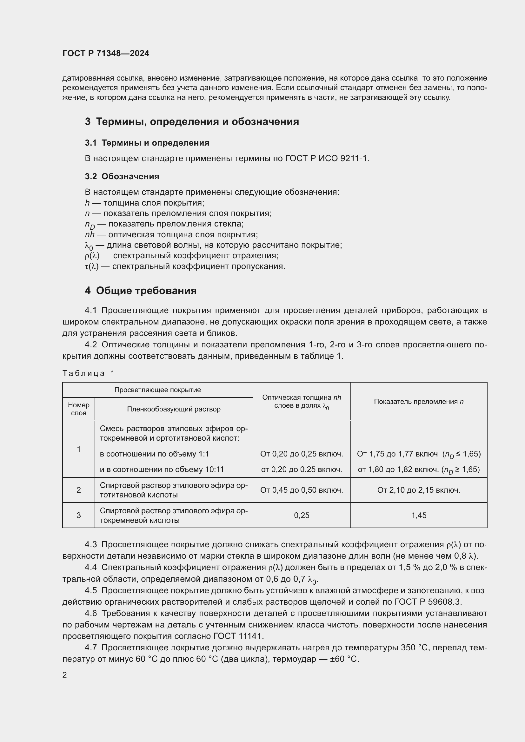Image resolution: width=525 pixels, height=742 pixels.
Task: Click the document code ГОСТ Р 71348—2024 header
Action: pos(106,53)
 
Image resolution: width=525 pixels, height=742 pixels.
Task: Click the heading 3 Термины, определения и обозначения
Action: pos(192,121)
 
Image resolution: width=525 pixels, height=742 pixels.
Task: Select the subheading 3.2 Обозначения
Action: pos(122,176)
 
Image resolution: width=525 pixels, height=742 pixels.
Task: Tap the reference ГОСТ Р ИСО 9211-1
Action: pos(327,158)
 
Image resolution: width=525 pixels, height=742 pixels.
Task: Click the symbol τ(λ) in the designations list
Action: pos(91,266)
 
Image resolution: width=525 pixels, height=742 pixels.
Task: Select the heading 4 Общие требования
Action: pos(141,291)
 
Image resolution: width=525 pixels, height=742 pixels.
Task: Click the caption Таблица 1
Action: pos(89,373)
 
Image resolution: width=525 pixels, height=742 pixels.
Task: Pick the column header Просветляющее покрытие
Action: pos(157,390)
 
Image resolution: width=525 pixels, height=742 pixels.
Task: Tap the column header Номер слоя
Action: pos(78,409)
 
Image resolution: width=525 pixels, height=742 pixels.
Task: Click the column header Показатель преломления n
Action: pos(419,401)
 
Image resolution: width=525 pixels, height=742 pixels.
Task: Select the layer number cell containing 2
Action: pos(78,490)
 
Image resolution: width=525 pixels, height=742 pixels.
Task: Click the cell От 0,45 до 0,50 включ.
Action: pos(301,490)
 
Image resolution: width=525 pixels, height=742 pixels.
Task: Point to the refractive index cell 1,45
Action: pos(419,515)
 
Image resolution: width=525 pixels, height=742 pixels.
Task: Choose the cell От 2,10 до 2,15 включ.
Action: pos(419,490)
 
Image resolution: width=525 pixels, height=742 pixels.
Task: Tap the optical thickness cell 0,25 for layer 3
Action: pos(301,515)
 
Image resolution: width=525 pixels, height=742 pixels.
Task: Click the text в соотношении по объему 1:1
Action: pos(154,454)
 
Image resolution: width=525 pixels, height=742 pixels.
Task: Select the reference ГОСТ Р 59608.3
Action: pos(428,602)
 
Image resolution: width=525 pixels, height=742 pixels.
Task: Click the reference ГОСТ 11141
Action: pos(238,636)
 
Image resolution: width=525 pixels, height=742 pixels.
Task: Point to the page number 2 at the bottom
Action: pos(65,675)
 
